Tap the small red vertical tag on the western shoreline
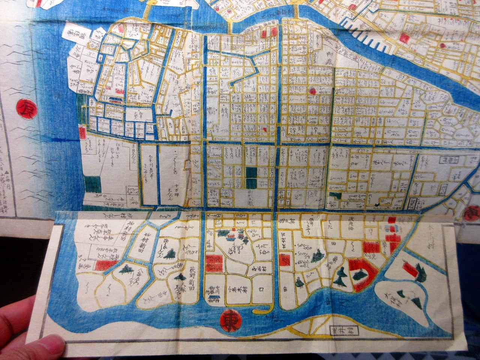(82, 132)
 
